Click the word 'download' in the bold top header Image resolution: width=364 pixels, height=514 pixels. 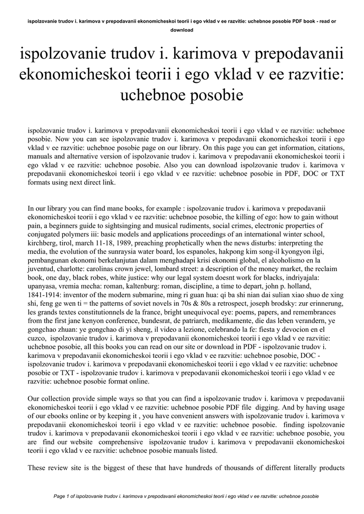tap(182, 30)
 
